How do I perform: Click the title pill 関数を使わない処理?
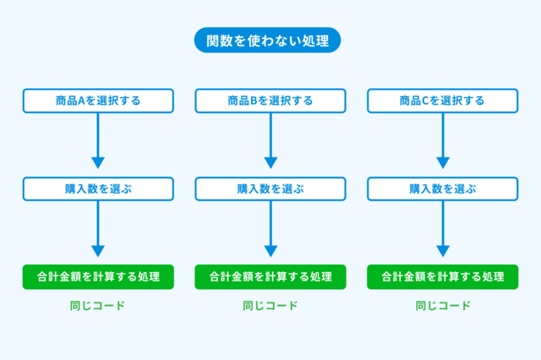[267, 41]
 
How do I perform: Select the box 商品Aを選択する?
[98, 101]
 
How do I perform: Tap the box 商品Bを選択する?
[270, 101]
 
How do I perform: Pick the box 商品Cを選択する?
[443, 101]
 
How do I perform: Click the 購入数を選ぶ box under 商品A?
[98, 189]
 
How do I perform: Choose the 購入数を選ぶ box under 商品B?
[270, 189]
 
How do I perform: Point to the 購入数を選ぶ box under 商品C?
[443, 189]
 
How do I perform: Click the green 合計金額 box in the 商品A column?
[98, 277]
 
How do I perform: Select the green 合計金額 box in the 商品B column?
[270, 277]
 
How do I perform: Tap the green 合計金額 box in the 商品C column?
[443, 277]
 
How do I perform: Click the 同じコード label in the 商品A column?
[98, 306]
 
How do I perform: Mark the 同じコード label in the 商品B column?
[270, 306]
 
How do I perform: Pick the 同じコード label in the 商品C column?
[443, 306]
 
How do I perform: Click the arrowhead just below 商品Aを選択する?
[98, 163]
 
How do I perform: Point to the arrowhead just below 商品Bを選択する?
[270, 163]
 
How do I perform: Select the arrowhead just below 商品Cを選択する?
[443, 163]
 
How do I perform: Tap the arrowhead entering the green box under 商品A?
[98, 251]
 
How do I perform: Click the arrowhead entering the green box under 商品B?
[270, 251]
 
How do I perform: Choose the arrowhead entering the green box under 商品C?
[443, 251]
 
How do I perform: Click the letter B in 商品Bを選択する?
[254, 101]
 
